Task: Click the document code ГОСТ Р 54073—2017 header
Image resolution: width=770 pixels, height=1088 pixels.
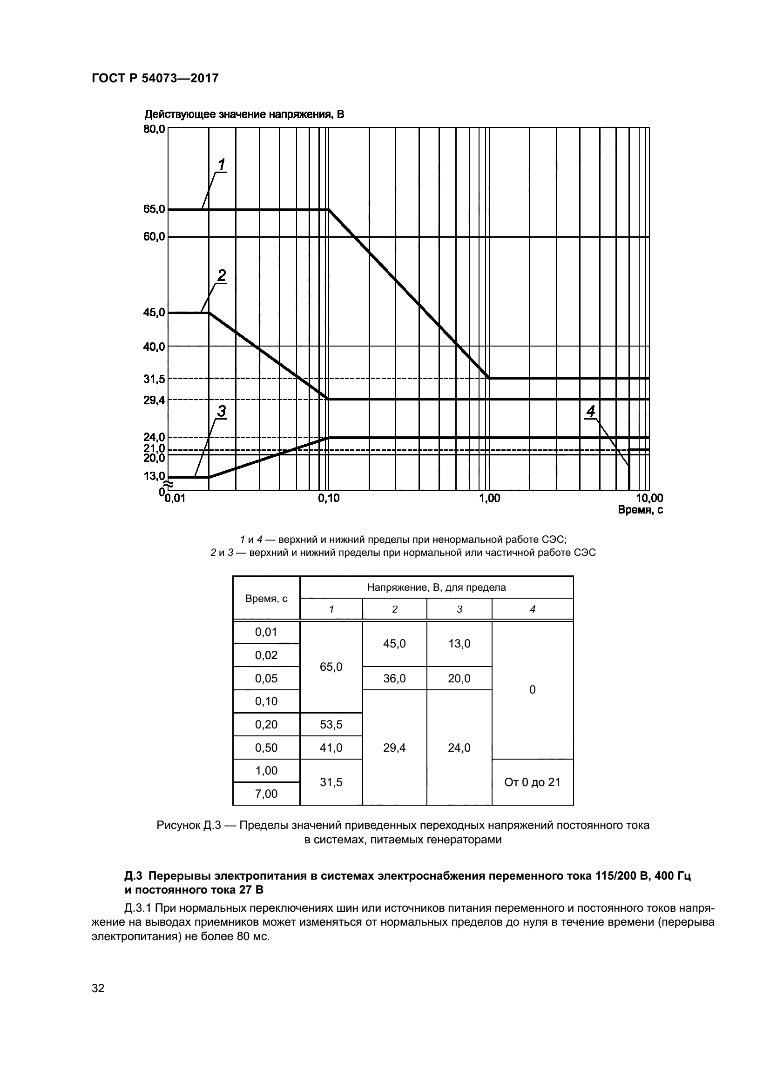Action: point(155,78)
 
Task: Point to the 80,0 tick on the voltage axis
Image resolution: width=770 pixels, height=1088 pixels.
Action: point(154,129)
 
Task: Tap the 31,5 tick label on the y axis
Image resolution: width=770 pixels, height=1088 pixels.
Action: point(154,379)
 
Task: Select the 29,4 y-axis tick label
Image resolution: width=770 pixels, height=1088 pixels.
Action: point(154,400)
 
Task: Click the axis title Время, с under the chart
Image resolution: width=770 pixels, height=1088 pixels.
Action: point(640,510)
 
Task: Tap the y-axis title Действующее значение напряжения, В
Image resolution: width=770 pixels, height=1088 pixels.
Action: point(244,114)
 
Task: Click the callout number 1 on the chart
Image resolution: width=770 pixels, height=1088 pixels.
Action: point(222,164)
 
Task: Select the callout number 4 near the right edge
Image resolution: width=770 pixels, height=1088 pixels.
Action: point(590,411)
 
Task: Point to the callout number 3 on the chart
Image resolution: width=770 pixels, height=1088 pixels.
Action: point(222,411)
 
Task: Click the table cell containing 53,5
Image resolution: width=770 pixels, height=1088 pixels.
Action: point(331,725)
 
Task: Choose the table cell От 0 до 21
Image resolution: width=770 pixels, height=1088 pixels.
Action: point(532,782)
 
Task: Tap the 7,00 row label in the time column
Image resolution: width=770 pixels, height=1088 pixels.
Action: point(266,794)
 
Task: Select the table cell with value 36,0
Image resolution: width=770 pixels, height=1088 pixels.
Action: point(394,679)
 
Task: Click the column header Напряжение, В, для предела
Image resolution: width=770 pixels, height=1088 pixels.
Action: point(436,587)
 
